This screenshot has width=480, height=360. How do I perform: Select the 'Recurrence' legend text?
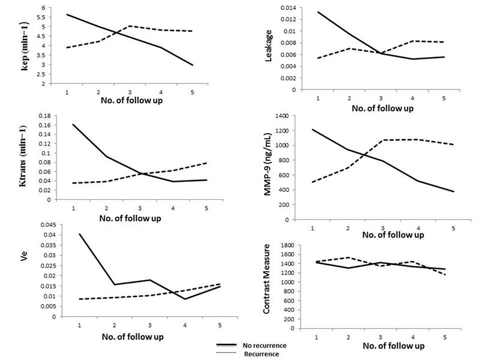(263, 354)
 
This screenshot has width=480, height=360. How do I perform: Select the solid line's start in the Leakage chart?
(318, 11)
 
